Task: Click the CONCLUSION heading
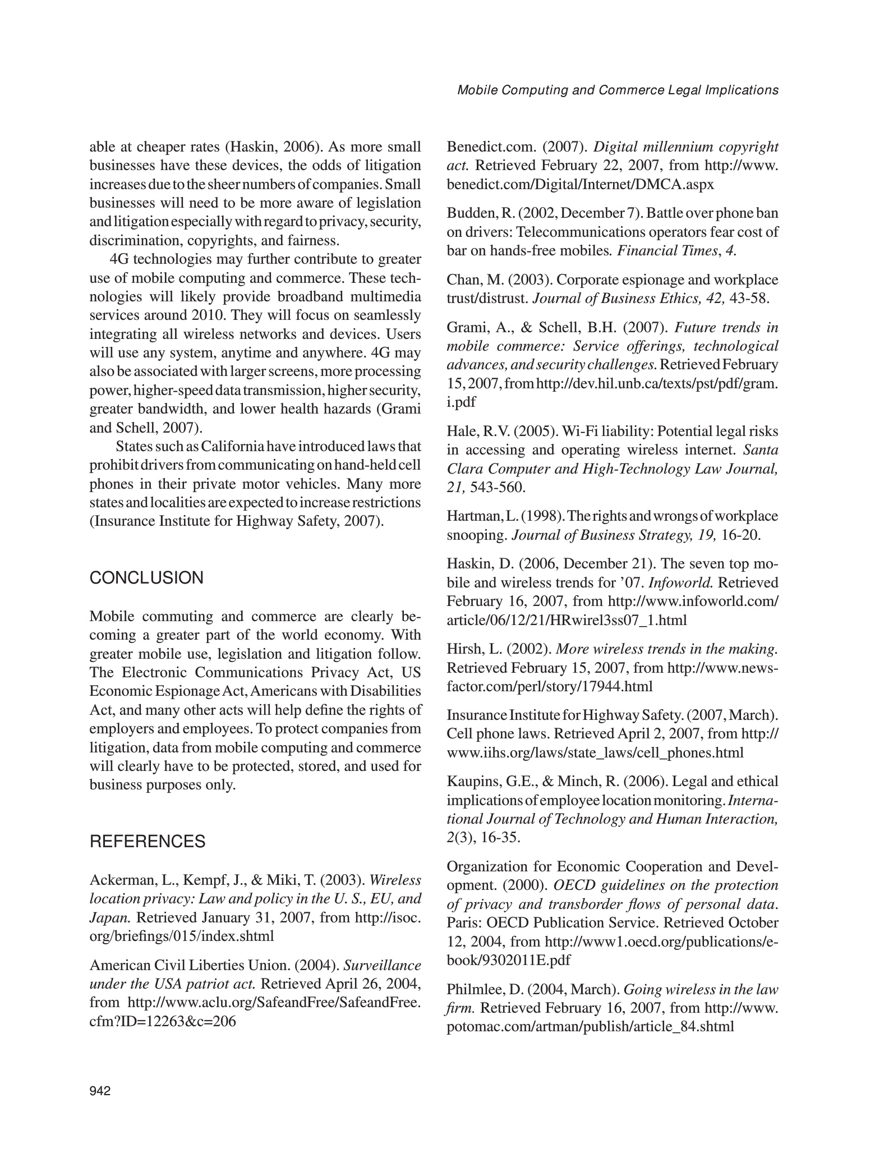coord(146,578)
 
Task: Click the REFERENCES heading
coord(147,842)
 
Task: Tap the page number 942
coord(100,1091)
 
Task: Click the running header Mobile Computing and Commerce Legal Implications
coord(618,90)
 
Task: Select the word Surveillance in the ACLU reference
coord(382,966)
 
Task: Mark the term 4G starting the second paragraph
coord(119,259)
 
